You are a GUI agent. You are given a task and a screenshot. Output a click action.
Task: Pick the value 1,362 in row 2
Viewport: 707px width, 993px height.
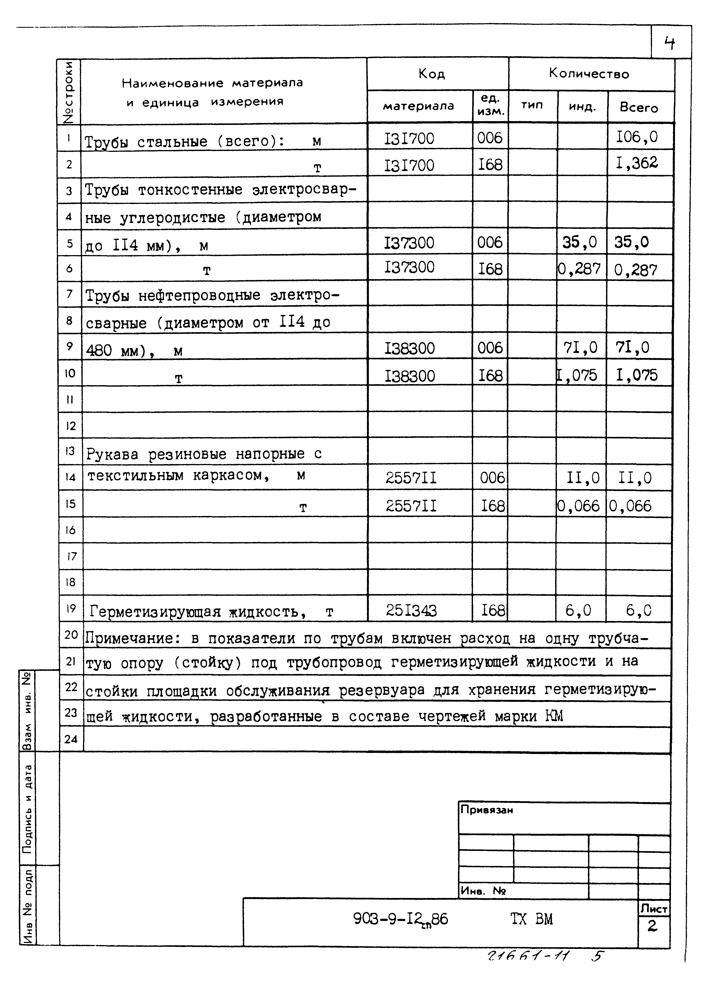coord(636,163)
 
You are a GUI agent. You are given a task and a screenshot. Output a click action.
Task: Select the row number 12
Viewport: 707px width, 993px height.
coord(71,425)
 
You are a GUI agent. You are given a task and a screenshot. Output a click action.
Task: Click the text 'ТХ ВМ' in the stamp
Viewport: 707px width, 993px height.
coord(531,919)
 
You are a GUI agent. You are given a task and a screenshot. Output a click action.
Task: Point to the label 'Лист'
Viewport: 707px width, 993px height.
coord(653,909)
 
